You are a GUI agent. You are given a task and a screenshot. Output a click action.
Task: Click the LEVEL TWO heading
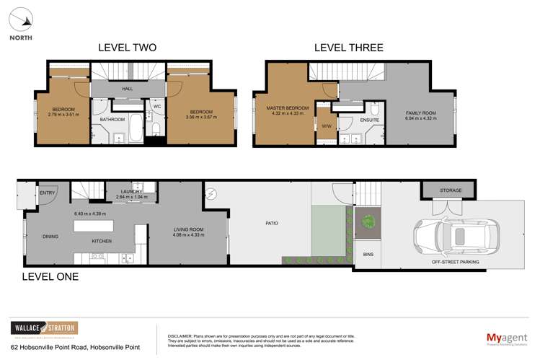point(127,48)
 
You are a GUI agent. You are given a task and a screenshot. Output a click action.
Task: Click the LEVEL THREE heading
point(348,48)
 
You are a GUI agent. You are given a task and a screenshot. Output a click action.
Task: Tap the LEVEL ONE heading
point(50,276)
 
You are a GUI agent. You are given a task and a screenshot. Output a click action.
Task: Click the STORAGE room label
point(451,190)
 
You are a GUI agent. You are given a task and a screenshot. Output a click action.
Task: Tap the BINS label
point(368,255)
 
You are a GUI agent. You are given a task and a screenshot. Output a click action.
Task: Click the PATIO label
point(270,223)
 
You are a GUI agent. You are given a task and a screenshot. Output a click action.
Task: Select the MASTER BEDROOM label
point(288,108)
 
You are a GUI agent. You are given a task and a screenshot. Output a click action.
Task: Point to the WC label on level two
point(156,106)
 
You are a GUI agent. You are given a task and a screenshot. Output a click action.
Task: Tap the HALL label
point(127,89)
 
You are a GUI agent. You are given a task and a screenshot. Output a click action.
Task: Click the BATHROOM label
point(112,119)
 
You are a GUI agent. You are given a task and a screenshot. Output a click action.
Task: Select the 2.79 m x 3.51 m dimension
point(63,114)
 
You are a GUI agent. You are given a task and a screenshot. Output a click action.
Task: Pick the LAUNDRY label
point(131,191)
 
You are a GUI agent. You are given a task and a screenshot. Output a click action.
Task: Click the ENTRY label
point(48,193)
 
